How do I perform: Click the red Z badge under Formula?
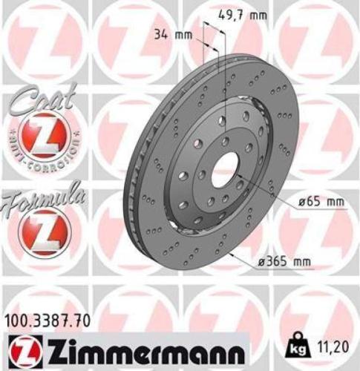coord(36,229)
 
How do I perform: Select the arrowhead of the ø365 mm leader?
coord(232,253)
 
